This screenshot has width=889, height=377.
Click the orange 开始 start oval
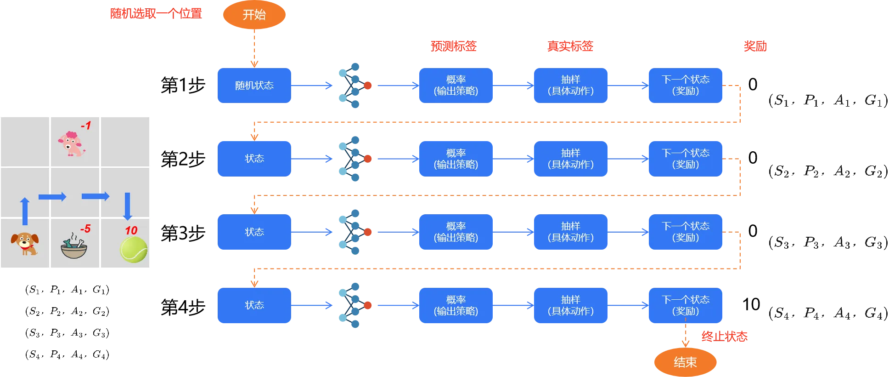(x=254, y=15)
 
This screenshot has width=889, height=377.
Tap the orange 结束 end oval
(x=685, y=362)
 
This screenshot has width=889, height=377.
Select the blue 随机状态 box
(x=254, y=86)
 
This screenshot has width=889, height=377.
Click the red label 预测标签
(x=453, y=46)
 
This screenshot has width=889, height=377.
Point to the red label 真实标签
(x=570, y=46)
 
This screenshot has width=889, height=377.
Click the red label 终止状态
(x=724, y=337)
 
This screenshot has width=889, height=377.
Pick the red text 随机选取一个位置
(x=156, y=13)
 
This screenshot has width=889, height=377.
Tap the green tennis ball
(x=134, y=250)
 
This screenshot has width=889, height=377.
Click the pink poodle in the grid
(x=71, y=144)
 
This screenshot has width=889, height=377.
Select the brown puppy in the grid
(x=25, y=243)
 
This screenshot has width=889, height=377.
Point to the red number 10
(x=131, y=230)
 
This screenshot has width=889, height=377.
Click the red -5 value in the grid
(x=85, y=228)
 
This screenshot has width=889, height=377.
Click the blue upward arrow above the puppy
(x=25, y=211)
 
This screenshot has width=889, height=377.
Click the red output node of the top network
(x=368, y=86)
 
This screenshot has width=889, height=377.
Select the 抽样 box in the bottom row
(x=570, y=305)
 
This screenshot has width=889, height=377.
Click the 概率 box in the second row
(x=456, y=159)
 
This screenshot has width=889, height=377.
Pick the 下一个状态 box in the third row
(x=685, y=232)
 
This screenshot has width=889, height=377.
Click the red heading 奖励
(x=755, y=46)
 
